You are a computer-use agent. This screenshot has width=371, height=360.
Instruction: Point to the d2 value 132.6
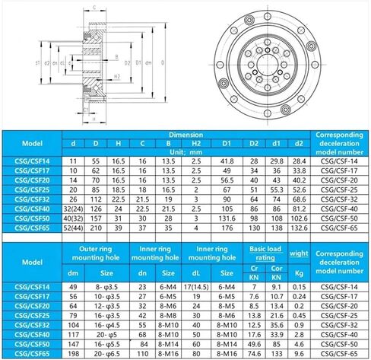[299, 228]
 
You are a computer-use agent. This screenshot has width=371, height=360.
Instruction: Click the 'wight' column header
[298, 252]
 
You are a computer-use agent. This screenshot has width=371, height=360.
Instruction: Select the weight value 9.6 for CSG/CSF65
[298, 353]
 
